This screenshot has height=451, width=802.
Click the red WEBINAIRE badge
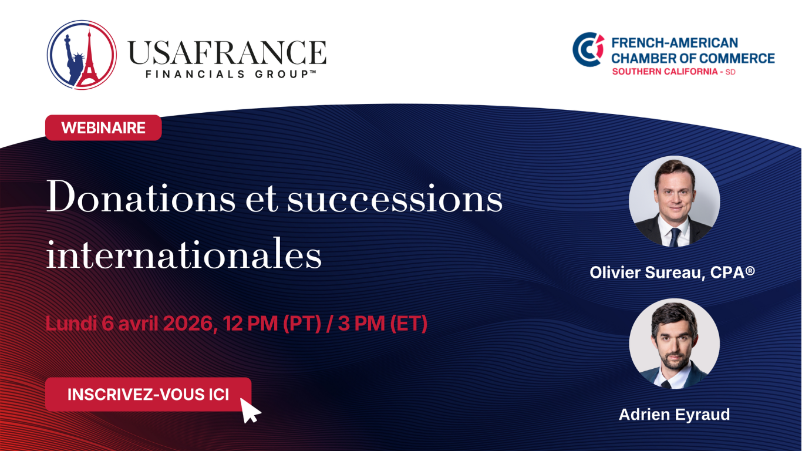(103, 127)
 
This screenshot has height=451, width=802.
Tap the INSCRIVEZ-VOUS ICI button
(148, 395)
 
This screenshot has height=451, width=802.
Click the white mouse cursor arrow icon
(250, 410)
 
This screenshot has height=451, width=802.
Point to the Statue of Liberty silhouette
(73, 59)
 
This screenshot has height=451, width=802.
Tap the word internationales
(184, 253)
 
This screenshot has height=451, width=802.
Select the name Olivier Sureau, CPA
(672, 272)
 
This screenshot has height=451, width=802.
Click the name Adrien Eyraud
(674, 415)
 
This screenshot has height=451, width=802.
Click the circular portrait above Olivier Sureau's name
(674, 201)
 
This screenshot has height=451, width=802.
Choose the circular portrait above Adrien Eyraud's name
(674, 344)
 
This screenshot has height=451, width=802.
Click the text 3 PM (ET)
(382, 324)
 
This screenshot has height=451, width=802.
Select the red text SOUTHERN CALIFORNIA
(665, 72)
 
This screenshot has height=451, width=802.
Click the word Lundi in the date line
(71, 324)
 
